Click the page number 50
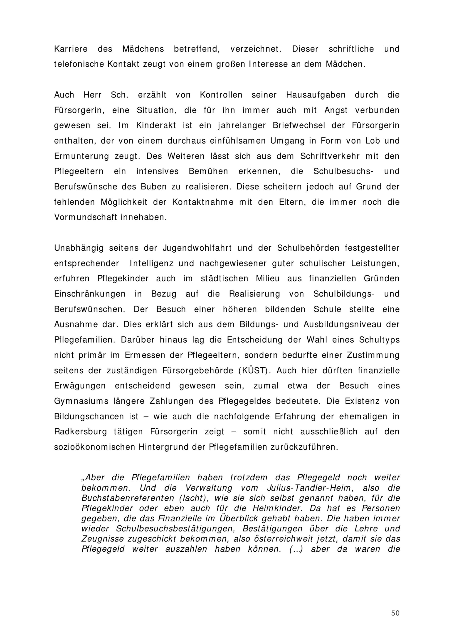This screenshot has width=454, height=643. coord(395,613)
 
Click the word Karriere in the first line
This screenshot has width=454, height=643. coord(71,49)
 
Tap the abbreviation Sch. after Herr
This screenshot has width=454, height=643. coord(119,95)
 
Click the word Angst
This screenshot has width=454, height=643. coord(336,110)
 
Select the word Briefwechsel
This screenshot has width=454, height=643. coord(299,125)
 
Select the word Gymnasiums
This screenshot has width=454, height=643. coord(81,401)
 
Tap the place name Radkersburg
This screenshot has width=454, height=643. coord(81,431)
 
